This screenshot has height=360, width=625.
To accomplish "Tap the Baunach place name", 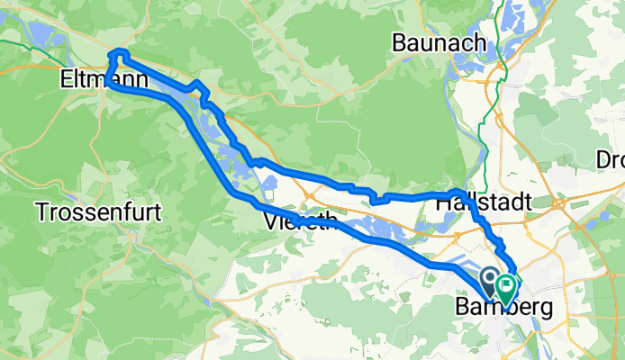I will [438, 41].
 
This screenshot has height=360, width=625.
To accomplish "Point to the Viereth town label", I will [301, 220].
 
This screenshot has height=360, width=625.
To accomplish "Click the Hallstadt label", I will [484, 203].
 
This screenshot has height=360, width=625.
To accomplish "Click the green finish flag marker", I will [506, 288].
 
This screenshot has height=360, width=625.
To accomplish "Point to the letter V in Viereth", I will [271, 220].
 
